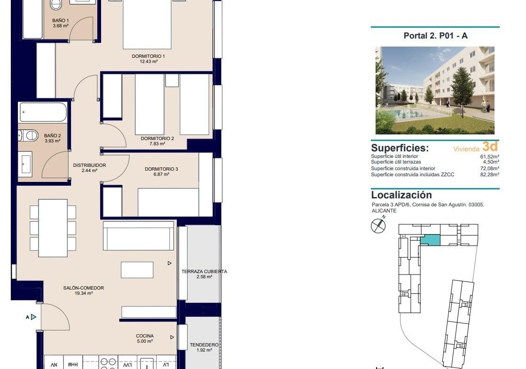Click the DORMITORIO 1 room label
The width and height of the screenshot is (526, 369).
(148, 56)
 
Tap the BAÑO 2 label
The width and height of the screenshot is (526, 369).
(52, 135)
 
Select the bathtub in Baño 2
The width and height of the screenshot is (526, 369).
(43, 112)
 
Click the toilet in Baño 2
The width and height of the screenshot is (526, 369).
(28, 136)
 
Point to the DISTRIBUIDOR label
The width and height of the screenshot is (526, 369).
(89, 165)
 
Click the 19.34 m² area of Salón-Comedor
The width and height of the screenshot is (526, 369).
(84, 293)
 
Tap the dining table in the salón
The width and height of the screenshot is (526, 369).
(53, 228)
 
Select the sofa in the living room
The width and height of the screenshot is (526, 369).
(138, 235)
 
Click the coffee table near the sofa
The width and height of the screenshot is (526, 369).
(137, 270)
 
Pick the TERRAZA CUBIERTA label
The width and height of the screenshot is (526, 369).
(204, 271)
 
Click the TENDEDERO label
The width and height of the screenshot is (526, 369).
(204, 345)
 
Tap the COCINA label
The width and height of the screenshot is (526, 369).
(145, 336)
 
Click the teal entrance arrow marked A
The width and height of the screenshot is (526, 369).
(33, 317)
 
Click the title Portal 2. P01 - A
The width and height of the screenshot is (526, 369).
(435, 36)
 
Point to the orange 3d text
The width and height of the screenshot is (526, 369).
(490, 147)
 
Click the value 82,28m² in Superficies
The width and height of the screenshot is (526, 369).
(489, 174)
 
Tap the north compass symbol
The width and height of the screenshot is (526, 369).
(378, 226)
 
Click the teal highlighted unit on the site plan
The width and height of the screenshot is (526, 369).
(430, 240)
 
